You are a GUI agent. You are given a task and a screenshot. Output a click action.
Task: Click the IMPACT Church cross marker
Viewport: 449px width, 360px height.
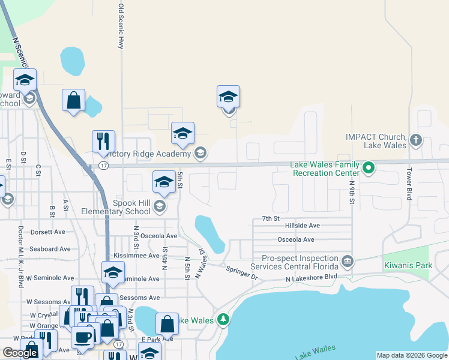click(x=415, y=141)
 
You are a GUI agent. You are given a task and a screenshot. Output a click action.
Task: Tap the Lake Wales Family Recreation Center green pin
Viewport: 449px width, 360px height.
click(x=369, y=168)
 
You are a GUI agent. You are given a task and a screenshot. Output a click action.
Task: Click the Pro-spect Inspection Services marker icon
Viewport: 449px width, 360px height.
click(x=347, y=262)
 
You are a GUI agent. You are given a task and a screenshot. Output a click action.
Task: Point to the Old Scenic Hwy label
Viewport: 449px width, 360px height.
click(x=121, y=26)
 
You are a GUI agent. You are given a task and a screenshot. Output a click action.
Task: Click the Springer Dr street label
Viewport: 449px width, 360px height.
click(x=241, y=273)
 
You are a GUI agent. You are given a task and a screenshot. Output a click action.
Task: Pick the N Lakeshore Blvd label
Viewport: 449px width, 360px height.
click(x=311, y=277)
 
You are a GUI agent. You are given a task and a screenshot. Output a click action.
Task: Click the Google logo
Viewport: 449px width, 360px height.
click(x=20, y=353)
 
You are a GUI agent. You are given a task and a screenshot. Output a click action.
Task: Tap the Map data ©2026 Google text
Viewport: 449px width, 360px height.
click(x=411, y=355)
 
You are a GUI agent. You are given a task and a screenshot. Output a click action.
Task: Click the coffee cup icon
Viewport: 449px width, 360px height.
click(x=82, y=337)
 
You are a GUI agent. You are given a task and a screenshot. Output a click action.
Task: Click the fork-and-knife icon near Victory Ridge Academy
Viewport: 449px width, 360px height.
click(x=103, y=142)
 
